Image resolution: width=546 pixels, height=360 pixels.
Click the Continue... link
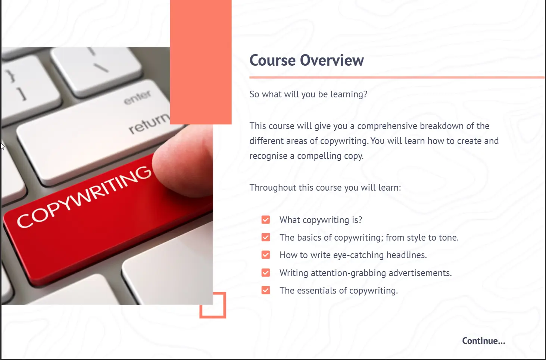[x=484, y=341]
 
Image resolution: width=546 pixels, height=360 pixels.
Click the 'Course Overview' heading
[x=307, y=60]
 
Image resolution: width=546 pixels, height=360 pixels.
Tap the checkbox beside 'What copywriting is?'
[x=266, y=220]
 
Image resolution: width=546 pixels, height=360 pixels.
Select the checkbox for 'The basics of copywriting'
[x=266, y=237]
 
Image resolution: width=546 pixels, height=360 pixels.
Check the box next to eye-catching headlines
[x=266, y=255]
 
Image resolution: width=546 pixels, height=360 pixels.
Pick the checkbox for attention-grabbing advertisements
[x=266, y=273]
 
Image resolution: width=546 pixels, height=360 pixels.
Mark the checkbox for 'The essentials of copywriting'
[x=266, y=290]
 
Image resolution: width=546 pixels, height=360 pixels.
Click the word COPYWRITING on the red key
[x=84, y=197]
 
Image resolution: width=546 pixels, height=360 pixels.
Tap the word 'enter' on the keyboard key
[x=137, y=97]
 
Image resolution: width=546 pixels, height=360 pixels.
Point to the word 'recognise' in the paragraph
[x=268, y=156]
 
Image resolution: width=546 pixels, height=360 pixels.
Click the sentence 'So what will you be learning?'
[x=308, y=94]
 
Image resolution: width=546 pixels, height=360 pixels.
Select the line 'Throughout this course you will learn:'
[x=325, y=188]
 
